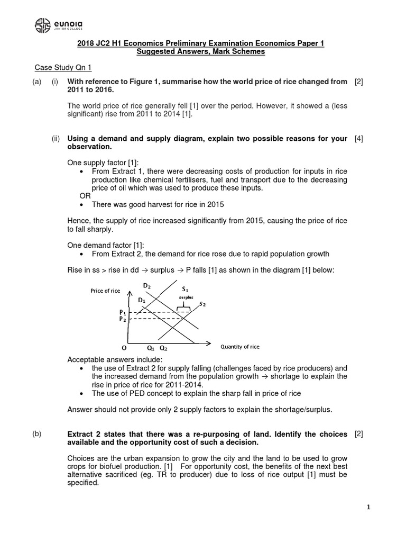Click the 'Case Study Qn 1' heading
[x=63, y=67]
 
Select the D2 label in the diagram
[x=146, y=286]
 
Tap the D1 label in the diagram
[x=142, y=300]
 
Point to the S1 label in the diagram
[x=184, y=290]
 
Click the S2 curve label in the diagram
[x=202, y=304]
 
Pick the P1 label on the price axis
[x=122, y=312]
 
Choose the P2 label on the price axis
[x=122, y=319]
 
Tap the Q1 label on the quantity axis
[x=151, y=348]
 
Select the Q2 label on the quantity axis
[x=163, y=348]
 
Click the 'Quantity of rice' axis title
[x=239, y=347]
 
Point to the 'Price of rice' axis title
[x=105, y=291]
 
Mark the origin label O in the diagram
[x=124, y=348]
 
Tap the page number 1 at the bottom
[x=368, y=507]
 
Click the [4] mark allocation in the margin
[x=359, y=139]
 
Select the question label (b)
[x=36, y=434]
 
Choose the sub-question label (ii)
[x=56, y=139]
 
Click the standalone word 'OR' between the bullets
[x=85, y=196]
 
